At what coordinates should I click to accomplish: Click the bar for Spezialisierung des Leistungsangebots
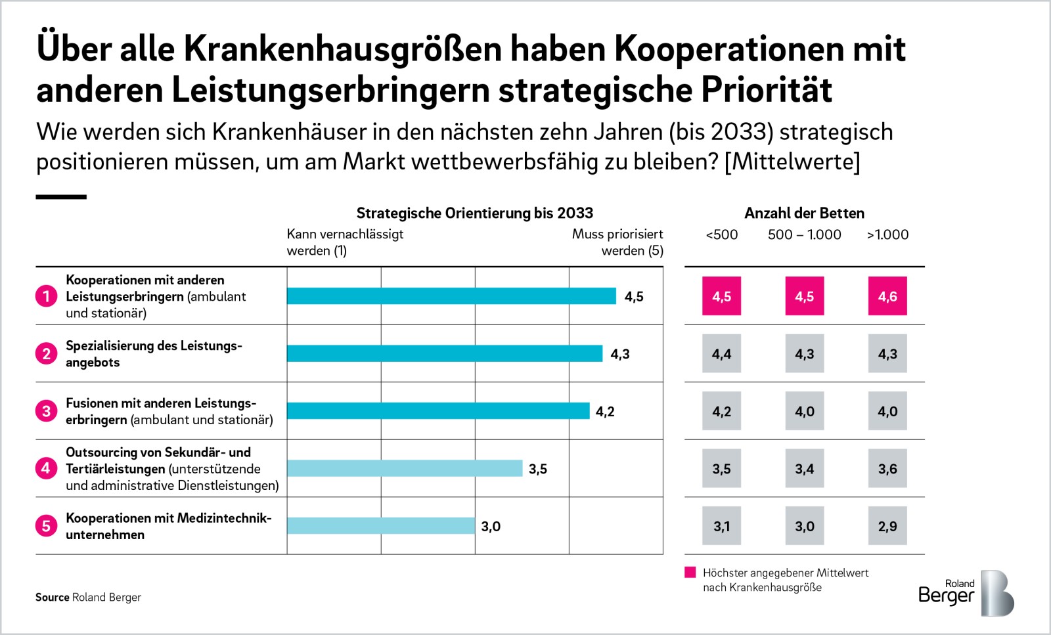point(444,353)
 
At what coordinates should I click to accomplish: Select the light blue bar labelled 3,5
point(405,468)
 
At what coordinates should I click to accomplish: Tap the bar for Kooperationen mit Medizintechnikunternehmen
point(381,526)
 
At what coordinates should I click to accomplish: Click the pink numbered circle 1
point(47,296)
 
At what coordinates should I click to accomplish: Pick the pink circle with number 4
point(47,468)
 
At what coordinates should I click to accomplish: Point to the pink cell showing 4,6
point(887,296)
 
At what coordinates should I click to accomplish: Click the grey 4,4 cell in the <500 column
point(722,353)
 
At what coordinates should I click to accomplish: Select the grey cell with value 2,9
point(887,526)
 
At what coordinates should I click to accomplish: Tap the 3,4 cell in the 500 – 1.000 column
point(805,468)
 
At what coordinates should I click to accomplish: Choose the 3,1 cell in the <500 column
point(722,526)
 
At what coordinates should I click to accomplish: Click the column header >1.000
point(887,234)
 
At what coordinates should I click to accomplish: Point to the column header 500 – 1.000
point(804,234)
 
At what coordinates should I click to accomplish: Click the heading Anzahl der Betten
point(804,213)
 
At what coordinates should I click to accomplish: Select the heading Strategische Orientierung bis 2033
point(475,213)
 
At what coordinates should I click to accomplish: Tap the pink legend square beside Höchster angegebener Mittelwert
point(690,572)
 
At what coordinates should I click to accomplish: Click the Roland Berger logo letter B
point(997,593)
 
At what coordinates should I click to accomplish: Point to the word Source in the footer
point(52,597)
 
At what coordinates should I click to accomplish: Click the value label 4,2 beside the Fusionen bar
point(605,411)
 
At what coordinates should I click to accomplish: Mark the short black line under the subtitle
point(61,197)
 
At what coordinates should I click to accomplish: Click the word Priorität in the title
point(767,89)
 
